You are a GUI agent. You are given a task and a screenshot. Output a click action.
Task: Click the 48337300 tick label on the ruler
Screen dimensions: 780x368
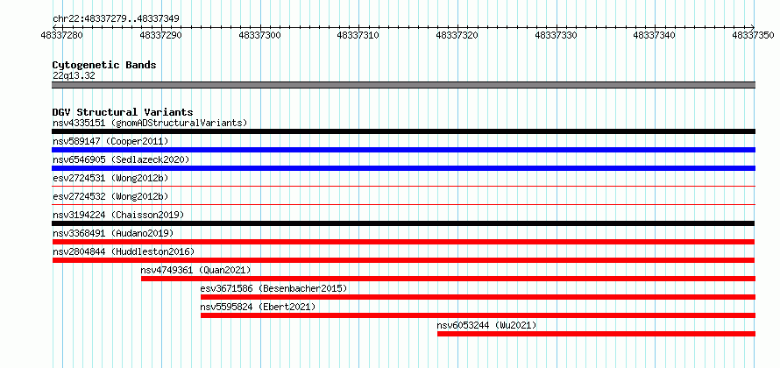click(x=259, y=35)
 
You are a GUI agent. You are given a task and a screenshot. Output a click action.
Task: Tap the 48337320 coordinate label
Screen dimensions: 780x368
click(x=457, y=35)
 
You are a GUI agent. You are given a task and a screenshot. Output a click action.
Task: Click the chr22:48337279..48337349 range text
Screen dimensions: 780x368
click(x=116, y=19)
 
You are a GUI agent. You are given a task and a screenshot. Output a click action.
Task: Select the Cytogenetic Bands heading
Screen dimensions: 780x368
click(x=104, y=65)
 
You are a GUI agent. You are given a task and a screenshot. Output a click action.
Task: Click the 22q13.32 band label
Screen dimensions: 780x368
click(x=74, y=75)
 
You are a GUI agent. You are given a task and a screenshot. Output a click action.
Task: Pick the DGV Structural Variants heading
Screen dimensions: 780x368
click(x=123, y=112)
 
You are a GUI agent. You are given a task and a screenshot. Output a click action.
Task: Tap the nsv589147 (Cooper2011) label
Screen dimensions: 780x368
click(x=110, y=141)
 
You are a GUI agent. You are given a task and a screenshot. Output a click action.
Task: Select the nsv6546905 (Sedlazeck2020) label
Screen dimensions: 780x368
click(x=121, y=159)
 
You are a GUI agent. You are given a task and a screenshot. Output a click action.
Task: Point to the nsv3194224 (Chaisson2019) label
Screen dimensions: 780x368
click(x=118, y=215)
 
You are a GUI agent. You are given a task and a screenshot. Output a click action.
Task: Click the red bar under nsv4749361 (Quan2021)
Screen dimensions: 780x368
click(x=448, y=279)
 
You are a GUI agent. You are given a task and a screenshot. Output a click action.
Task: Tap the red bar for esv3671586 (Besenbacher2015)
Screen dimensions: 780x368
click(x=478, y=297)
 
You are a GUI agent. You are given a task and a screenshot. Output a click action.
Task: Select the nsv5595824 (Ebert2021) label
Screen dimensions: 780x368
click(x=258, y=307)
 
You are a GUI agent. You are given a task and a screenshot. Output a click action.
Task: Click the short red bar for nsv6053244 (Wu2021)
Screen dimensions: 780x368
click(x=597, y=334)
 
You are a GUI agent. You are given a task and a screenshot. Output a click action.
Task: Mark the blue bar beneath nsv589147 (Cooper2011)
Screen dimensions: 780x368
click(x=404, y=150)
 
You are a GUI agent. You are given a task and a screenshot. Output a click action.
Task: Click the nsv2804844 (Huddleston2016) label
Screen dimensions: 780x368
click(x=124, y=251)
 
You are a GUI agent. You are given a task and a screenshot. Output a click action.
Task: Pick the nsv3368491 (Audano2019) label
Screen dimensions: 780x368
click(x=113, y=233)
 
